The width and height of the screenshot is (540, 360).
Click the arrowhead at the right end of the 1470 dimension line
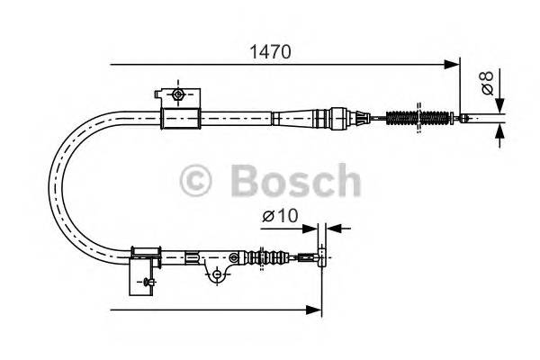(453, 64)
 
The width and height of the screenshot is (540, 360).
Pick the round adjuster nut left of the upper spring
(338, 116)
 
